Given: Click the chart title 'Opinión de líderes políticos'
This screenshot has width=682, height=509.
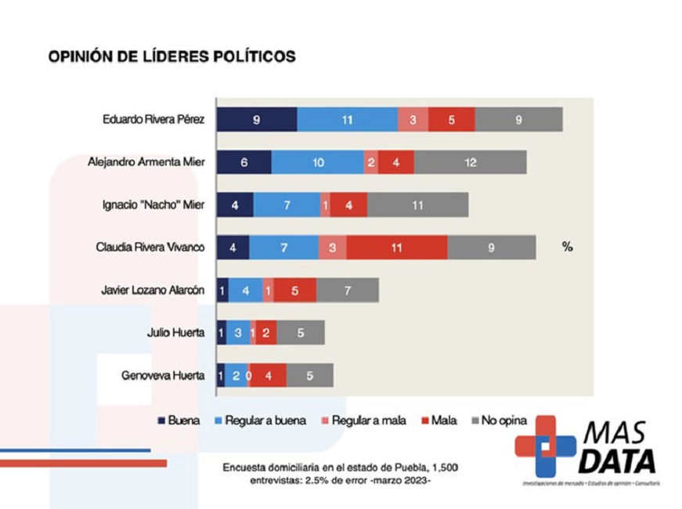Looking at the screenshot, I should [x=171, y=56].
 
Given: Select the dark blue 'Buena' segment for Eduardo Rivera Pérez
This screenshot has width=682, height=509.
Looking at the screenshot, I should [x=257, y=120].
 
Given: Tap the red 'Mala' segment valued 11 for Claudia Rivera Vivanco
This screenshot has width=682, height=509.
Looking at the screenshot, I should [x=396, y=247].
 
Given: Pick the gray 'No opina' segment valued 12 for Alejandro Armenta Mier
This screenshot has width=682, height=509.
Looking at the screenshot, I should [x=470, y=162].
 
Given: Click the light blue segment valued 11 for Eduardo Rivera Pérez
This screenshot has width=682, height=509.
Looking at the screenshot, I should [x=348, y=120].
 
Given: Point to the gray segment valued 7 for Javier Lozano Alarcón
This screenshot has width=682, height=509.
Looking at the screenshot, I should [x=347, y=290].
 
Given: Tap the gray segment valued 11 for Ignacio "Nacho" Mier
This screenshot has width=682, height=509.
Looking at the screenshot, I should [x=417, y=205].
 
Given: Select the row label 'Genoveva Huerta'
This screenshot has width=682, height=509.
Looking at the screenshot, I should [x=163, y=375].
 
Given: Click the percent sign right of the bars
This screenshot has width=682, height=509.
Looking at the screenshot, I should [x=567, y=247].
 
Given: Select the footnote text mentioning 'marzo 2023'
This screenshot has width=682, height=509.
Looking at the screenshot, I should [x=340, y=475].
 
